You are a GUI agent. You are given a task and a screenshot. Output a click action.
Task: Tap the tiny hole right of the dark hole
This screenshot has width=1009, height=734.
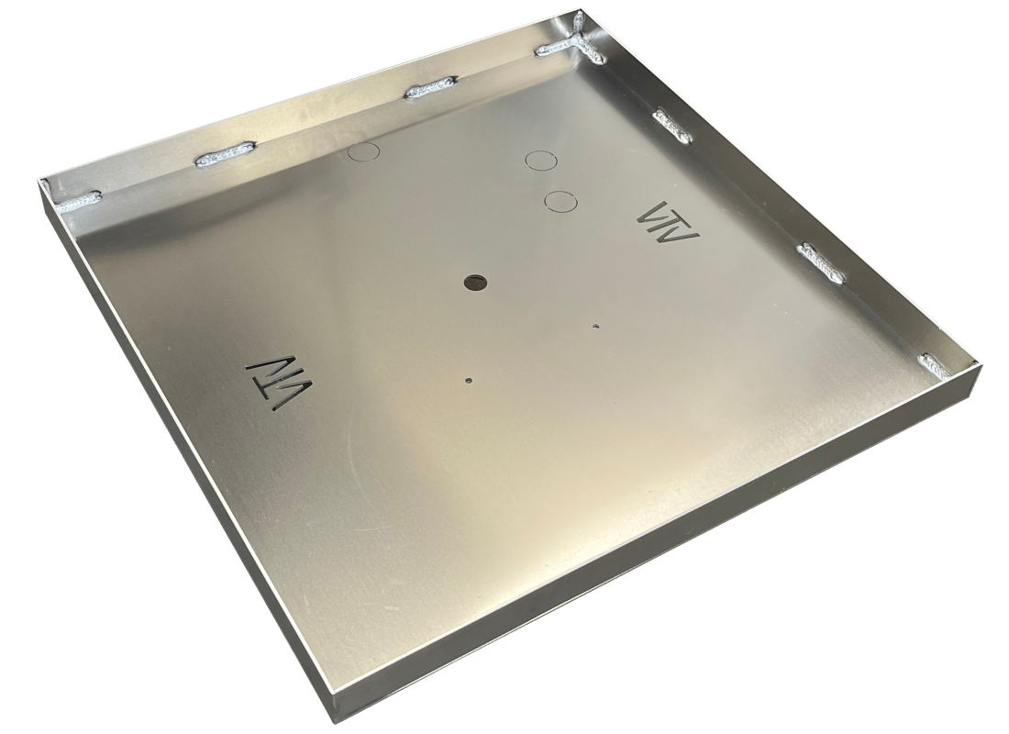[596, 325]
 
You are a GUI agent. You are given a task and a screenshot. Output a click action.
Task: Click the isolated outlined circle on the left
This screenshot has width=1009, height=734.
[364, 150]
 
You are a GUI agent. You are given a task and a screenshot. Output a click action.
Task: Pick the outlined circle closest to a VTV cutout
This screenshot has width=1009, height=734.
[559, 200]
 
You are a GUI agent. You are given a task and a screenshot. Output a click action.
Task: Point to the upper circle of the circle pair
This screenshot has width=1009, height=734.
[541, 161]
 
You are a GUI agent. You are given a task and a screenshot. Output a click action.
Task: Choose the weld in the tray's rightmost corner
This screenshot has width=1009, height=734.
[937, 364]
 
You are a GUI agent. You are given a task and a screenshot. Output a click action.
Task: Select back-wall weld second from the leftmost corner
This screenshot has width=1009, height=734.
[226, 154]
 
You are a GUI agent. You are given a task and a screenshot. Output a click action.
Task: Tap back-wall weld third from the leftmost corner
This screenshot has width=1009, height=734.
[429, 90]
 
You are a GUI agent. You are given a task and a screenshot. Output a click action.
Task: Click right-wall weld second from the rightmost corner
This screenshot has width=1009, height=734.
[821, 261]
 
